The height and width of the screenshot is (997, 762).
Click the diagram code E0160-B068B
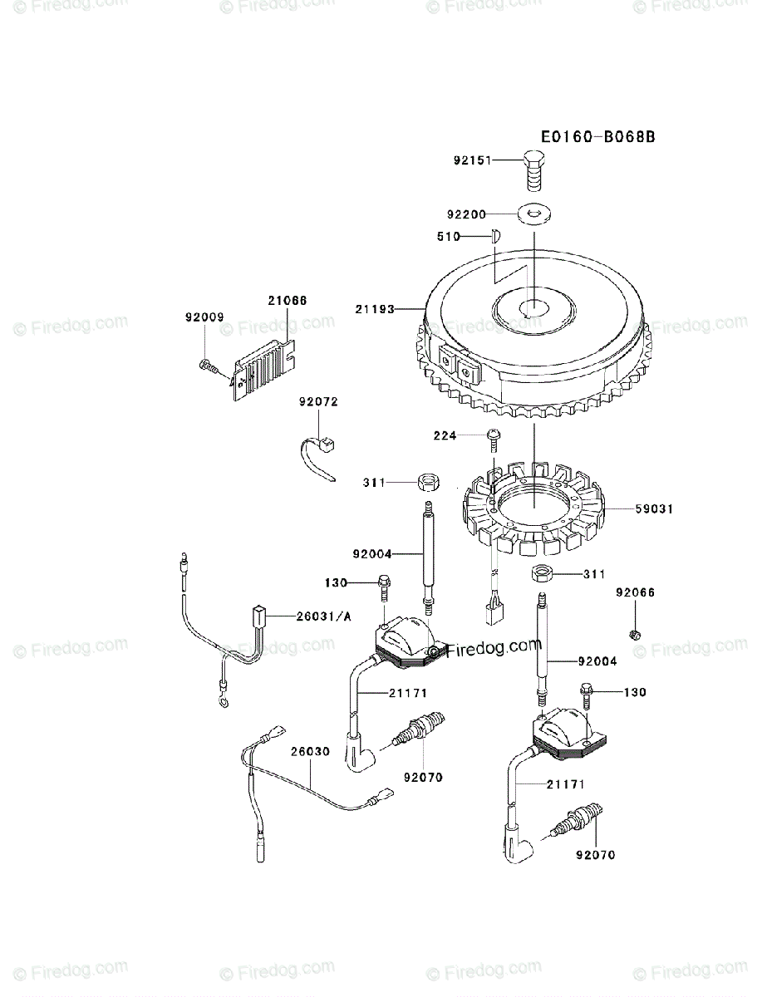point(597,136)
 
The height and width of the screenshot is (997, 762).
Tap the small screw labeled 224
point(491,436)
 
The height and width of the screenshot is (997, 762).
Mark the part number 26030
point(310,751)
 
